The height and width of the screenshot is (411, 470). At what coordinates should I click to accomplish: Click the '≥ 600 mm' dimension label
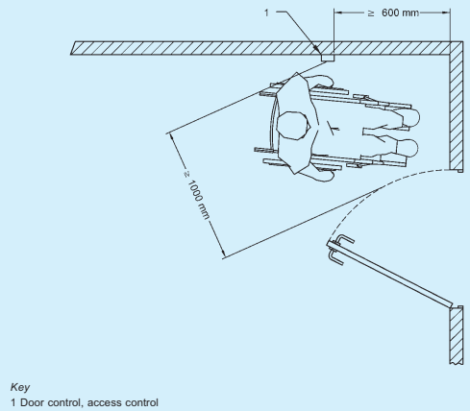(393, 12)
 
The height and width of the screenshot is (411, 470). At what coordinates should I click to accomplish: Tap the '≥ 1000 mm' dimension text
(197, 196)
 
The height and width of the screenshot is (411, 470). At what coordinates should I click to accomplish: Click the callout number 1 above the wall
(266, 12)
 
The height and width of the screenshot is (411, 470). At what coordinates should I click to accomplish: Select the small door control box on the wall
(328, 58)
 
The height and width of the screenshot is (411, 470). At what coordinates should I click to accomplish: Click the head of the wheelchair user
(293, 125)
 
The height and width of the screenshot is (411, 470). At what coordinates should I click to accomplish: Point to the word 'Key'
(20, 387)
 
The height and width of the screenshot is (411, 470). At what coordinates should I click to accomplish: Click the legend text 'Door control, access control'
(89, 402)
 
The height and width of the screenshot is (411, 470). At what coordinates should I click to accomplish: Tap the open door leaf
(393, 276)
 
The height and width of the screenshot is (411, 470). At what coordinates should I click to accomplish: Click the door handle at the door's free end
(339, 250)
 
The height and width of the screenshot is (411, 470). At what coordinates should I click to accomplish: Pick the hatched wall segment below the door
(457, 335)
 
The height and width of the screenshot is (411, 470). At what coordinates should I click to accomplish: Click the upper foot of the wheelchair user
(410, 118)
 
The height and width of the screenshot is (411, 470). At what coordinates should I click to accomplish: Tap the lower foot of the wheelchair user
(408, 148)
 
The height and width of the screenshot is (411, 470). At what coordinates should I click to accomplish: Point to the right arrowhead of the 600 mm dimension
(446, 12)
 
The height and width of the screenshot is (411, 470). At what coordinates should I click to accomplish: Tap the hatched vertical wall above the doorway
(457, 106)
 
